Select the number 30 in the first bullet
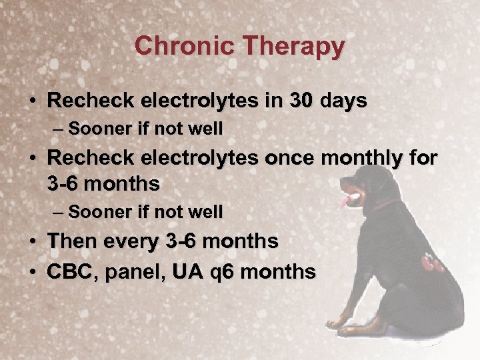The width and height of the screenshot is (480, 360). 302,101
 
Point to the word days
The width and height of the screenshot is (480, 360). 343,101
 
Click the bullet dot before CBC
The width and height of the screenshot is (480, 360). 33,273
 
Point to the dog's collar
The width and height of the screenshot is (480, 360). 387,203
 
